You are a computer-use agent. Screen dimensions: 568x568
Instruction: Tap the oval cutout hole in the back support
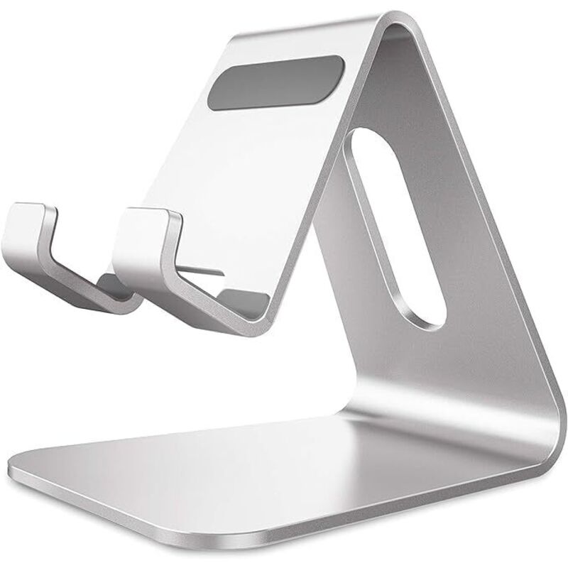coord(394,227)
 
